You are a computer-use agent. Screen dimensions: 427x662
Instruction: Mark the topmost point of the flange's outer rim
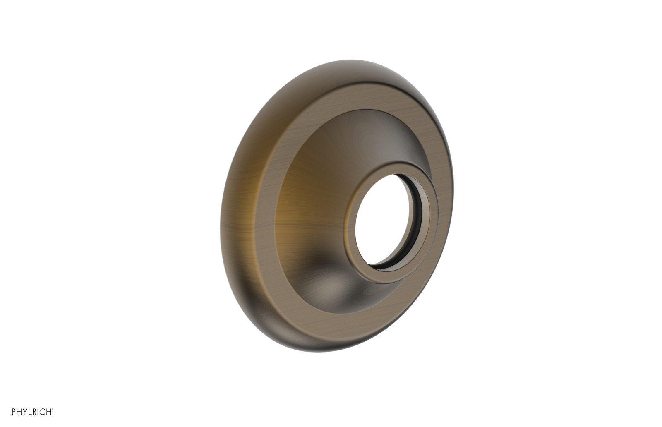348,60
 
